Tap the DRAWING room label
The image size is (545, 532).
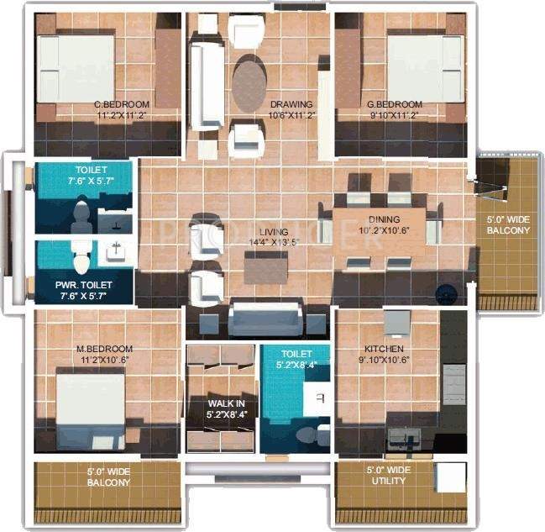tap(291, 105)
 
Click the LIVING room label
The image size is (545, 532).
tap(274, 232)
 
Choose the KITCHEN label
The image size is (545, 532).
tap(384, 349)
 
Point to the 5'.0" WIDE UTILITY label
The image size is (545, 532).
tap(387, 475)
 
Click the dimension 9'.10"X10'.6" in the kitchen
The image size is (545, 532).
tap(387, 361)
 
